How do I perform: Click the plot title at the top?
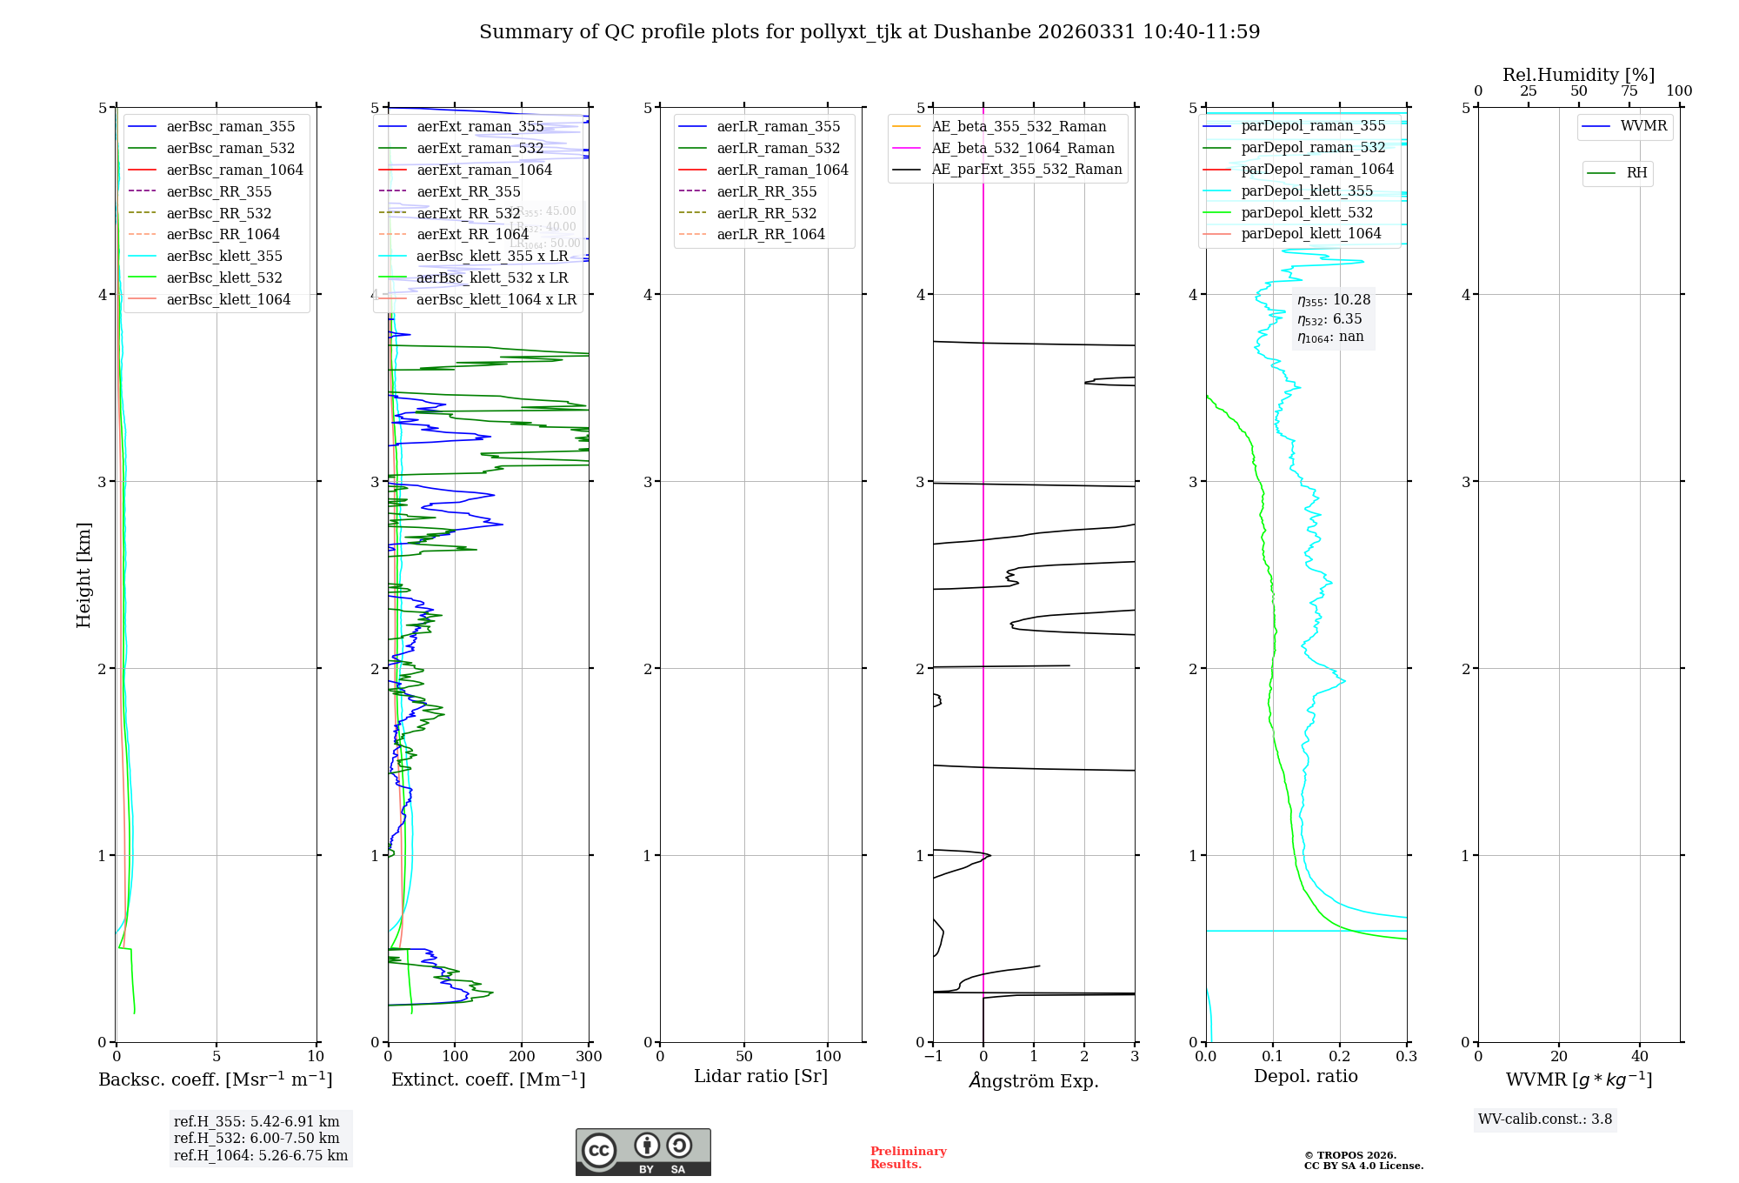tap(869, 32)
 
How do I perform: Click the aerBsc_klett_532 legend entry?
tap(224, 277)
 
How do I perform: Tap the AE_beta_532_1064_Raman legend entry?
tap(1023, 148)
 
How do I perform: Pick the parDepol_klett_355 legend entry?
tap(1307, 190)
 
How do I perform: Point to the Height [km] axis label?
tap(83, 575)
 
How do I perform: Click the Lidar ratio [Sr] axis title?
tap(761, 1076)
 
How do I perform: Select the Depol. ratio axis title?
tap(1305, 1076)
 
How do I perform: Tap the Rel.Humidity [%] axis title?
tap(1578, 75)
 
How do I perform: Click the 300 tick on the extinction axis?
tap(589, 1057)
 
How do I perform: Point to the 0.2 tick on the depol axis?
tap(1340, 1057)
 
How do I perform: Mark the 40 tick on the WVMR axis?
tap(1640, 1057)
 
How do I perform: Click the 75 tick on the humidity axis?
tap(1629, 91)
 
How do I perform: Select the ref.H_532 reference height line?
tap(257, 1139)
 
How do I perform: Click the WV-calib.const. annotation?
tap(1545, 1120)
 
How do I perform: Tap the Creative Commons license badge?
tap(643, 1152)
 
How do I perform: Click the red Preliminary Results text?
tap(908, 1158)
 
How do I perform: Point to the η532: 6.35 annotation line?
tap(1329, 319)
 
